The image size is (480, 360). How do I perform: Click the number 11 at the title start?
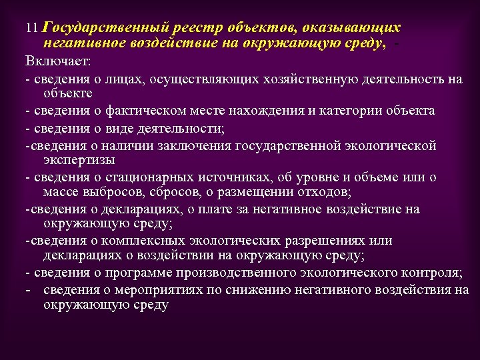(31, 29)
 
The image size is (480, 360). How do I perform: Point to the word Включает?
(59, 61)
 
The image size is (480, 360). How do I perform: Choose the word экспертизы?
(80, 160)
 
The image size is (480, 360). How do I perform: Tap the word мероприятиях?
(141, 290)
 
